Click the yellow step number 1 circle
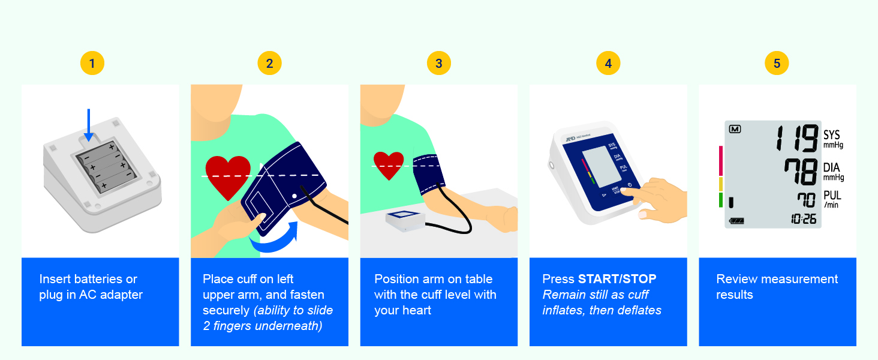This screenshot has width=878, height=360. [x=92, y=63]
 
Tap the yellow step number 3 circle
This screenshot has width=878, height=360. [x=438, y=63]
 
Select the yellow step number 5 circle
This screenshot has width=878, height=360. [x=777, y=63]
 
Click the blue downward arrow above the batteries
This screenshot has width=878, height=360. [x=89, y=125]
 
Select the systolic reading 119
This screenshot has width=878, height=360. [x=795, y=139]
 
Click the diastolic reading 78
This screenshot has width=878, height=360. [x=800, y=172]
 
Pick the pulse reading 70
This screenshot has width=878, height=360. [x=807, y=200]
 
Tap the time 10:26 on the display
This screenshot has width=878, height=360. [x=803, y=220]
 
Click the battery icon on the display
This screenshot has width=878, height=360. [x=736, y=221]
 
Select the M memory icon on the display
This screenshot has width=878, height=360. [x=735, y=128]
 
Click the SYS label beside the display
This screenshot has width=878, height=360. [x=832, y=135]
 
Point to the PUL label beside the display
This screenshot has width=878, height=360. [x=832, y=196]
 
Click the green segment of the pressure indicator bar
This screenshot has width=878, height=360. [x=721, y=200]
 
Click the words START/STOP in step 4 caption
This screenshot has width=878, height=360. [x=617, y=279]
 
